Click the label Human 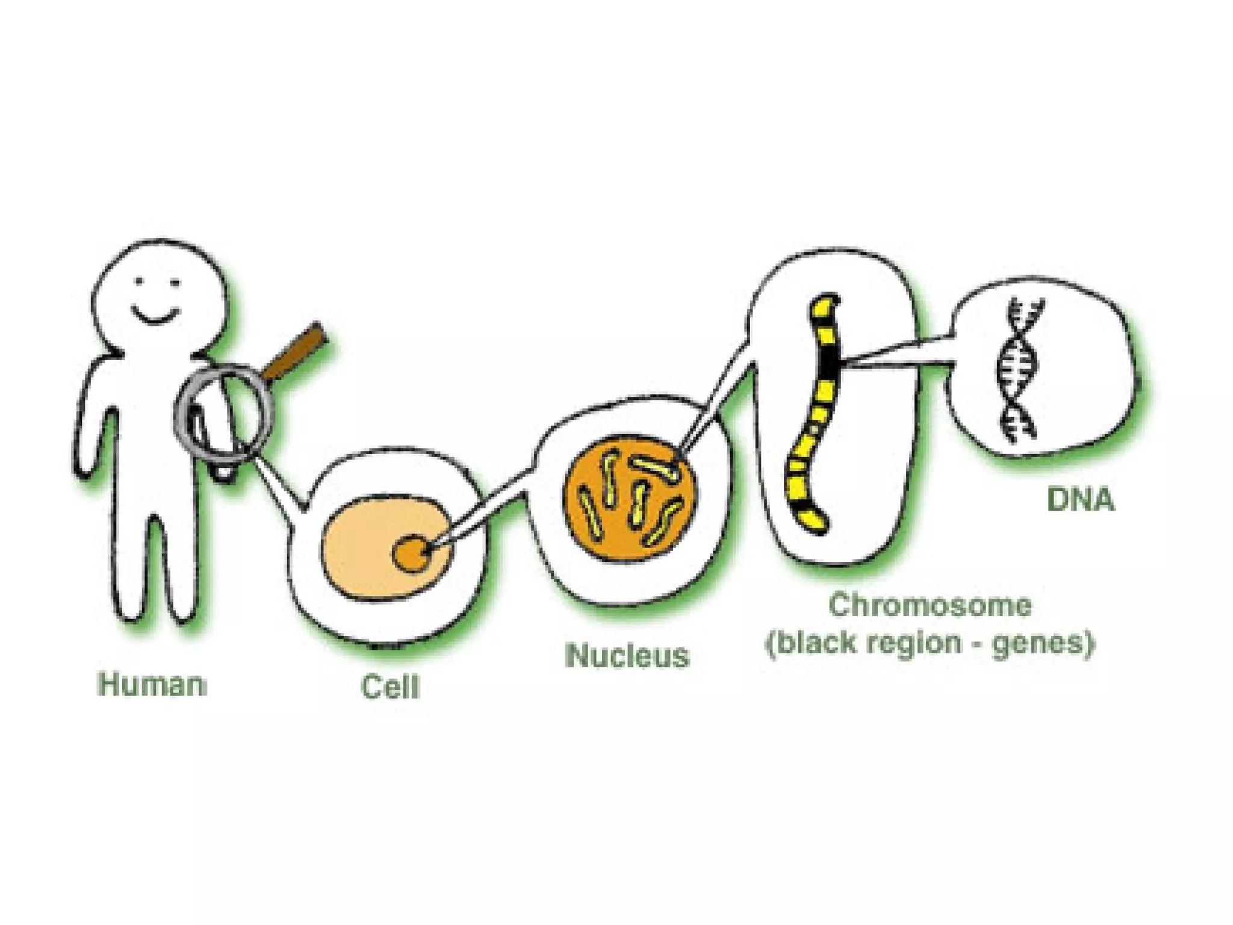pyautogui.click(x=152, y=685)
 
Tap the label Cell pyautogui.click(x=390, y=687)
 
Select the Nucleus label pyautogui.click(x=627, y=655)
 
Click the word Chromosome pyautogui.click(x=930, y=605)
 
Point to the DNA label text pyautogui.click(x=1081, y=500)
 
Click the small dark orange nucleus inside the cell pyautogui.click(x=411, y=553)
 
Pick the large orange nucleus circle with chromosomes pyautogui.click(x=632, y=500)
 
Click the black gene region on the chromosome pyautogui.click(x=831, y=361)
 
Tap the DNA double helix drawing pyautogui.click(x=1019, y=370)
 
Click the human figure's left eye pyautogui.click(x=139, y=281)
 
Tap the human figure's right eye pyautogui.click(x=175, y=282)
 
